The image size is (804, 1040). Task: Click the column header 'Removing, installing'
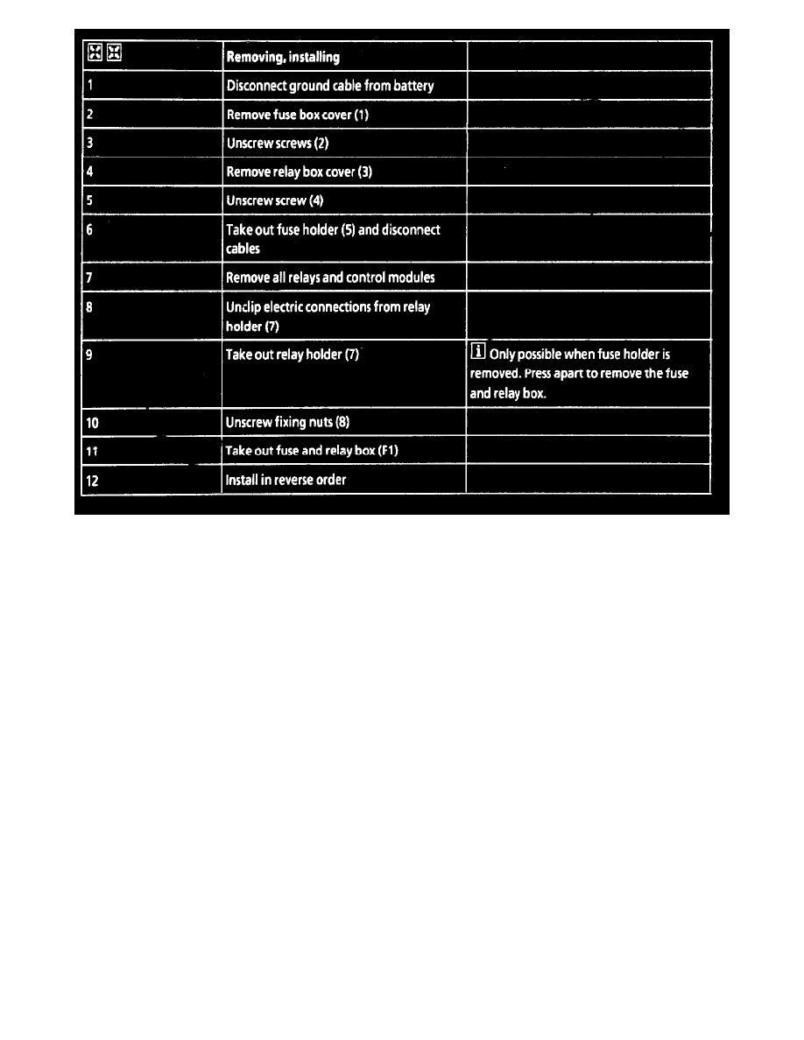[x=283, y=59]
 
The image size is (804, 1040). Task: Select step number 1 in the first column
[x=90, y=87]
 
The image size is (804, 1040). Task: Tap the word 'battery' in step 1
[x=412, y=87]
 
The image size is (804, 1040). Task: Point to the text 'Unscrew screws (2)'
[x=277, y=144]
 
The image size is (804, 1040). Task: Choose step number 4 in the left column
[x=90, y=172]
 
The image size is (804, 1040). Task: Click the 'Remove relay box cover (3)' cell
[x=299, y=172]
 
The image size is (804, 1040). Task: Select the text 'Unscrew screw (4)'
[x=275, y=200]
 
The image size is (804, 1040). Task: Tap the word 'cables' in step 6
[x=243, y=249]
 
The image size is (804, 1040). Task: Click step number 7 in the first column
[x=90, y=278]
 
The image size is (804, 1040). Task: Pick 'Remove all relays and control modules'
[x=330, y=278]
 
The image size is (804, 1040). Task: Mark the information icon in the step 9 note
[x=478, y=355]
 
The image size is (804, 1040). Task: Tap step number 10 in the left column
[x=93, y=423]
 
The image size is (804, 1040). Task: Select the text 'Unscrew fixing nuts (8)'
[x=287, y=423]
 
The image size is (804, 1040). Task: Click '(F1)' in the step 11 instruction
[x=388, y=452]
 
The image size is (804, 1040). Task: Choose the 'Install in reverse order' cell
[x=286, y=480]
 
